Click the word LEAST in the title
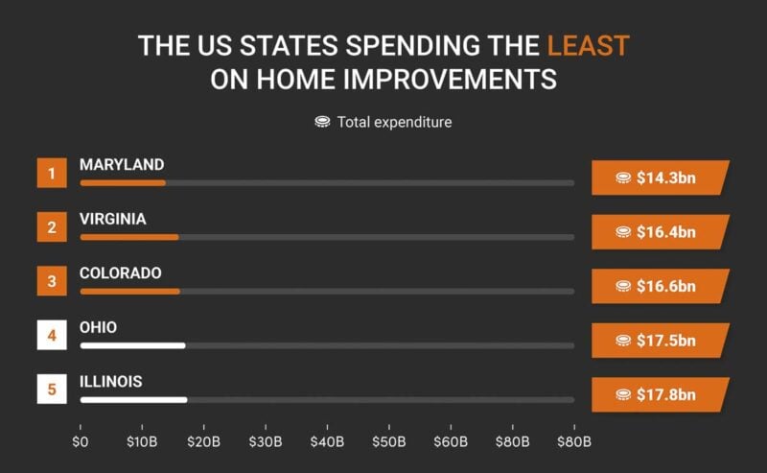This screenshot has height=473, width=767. pos(588,45)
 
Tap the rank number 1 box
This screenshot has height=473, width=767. pos(52,174)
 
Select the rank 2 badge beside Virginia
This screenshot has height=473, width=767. pos(52,227)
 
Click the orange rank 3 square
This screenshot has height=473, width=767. pos(52,282)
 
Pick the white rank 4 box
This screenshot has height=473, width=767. pos(52,336)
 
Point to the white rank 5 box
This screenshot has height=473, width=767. pos(52,390)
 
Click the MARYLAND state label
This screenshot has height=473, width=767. pos(122,165)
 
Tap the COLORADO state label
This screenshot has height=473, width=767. pos(121,273)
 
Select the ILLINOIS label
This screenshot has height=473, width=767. pos(111,382)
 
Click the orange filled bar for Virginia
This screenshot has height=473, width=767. pos(129,237)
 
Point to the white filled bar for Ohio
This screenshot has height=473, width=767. pos(132,345)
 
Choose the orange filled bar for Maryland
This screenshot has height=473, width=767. pos(123,182)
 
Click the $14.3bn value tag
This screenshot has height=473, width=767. pos(660,177)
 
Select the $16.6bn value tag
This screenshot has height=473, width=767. pos(660,286)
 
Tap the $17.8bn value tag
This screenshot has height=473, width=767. pos(660,394)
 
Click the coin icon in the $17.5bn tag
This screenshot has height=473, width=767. pos(623,341)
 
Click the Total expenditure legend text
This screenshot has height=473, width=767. pos(394,122)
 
